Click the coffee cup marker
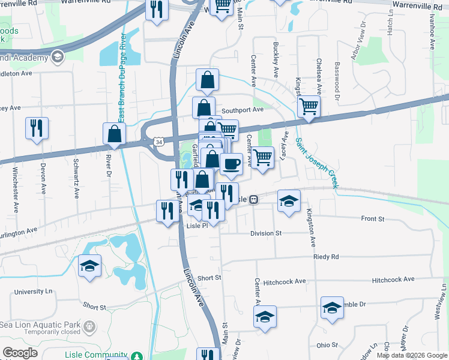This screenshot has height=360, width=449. [x=231, y=163]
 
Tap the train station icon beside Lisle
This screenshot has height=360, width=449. [x=254, y=199]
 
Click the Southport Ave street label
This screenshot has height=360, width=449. [x=243, y=110]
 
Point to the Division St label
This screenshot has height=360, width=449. [x=266, y=233]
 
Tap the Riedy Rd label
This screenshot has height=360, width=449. [x=326, y=257]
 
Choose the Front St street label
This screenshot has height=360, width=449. [x=373, y=220]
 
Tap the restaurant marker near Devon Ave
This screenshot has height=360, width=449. [x=37, y=128]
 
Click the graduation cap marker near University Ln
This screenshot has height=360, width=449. [x=89, y=266]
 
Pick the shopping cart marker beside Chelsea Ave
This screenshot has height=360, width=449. [x=309, y=107]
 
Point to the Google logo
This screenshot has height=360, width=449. [x=20, y=353]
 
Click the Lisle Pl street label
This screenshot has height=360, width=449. [x=197, y=226]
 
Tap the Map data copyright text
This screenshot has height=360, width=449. [x=412, y=355]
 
